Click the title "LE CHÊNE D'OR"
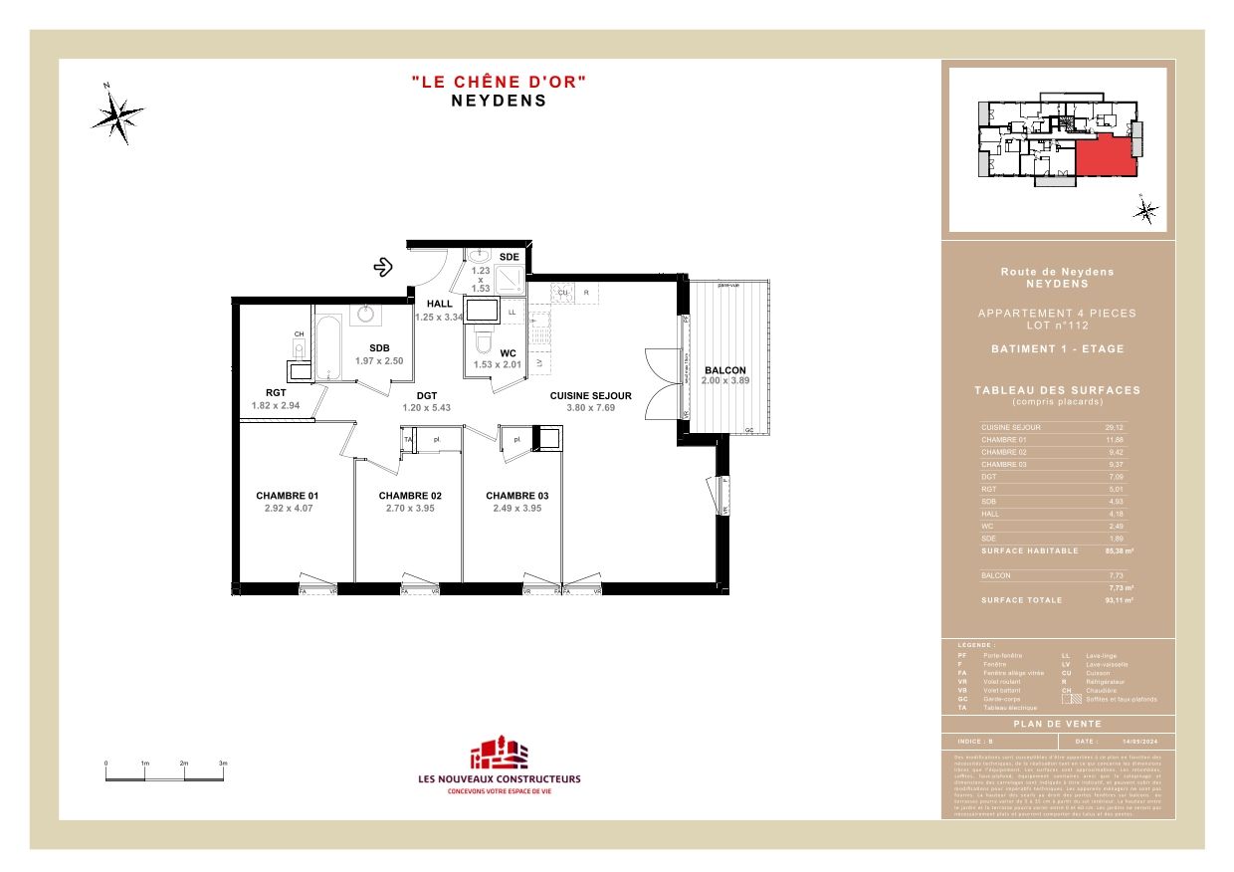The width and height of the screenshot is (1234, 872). point(499,82)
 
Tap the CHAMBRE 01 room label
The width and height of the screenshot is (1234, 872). point(288,495)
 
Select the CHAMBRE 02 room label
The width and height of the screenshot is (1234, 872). point(410,495)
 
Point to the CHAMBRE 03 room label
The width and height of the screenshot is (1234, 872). point(516,495)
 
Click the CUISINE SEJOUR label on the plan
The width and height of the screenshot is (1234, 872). point(591,395)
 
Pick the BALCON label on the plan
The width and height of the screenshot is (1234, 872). point(724,370)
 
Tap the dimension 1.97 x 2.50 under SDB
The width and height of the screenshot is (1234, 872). point(379,360)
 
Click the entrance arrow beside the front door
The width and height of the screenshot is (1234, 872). point(382,267)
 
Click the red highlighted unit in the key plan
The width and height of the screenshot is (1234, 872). point(1106,156)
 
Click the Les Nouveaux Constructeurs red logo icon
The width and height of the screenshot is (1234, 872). point(499,754)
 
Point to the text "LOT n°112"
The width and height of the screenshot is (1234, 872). point(1057,326)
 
